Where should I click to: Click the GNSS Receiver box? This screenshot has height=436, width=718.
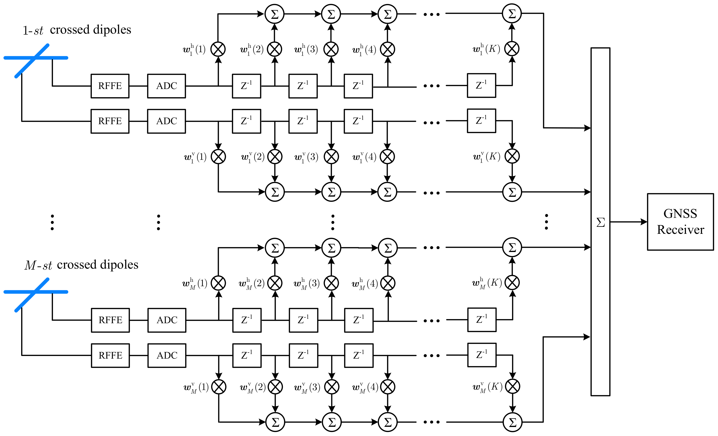[680, 222]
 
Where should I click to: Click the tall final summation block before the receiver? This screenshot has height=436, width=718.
[600, 222]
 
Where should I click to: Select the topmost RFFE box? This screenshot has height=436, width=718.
[110, 86]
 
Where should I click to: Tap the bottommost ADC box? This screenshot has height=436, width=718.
[167, 355]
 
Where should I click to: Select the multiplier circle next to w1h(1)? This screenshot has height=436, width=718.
[218, 49]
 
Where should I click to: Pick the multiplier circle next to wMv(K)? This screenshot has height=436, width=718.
[513, 387]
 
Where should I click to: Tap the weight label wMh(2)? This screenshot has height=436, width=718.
[251, 284]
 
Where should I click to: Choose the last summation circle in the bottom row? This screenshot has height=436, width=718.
[513, 422]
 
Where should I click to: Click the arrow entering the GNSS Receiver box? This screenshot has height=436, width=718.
[629, 222]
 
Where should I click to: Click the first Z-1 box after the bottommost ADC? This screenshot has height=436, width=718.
[247, 355]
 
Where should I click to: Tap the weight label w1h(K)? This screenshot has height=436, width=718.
[486, 49]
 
